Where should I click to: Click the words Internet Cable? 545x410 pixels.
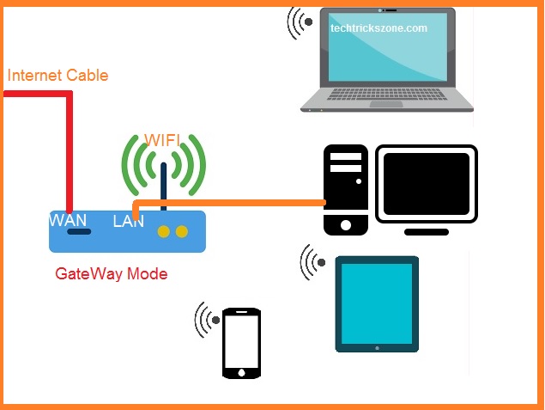tap(58, 75)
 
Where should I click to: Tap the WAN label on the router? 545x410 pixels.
tap(68, 220)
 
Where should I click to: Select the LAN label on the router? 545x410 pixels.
tap(128, 222)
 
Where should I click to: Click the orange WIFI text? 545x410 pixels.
tap(163, 140)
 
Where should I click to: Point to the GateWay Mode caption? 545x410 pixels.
tap(111, 274)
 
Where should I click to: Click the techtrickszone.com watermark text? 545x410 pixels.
tap(378, 28)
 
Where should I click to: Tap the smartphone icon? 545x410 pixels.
tap(240, 343)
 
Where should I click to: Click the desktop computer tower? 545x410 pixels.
tap(346, 189)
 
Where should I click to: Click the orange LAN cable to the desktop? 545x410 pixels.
tap(232, 203)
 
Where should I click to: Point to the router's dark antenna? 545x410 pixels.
tap(162, 186)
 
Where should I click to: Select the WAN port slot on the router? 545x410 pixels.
tap(79, 231)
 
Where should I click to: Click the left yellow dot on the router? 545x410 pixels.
tap(162, 231)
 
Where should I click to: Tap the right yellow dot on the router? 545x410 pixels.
tap(180, 231)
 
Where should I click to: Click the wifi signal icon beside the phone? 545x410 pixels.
tap(207, 321)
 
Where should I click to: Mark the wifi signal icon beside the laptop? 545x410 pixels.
tap(300, 22)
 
